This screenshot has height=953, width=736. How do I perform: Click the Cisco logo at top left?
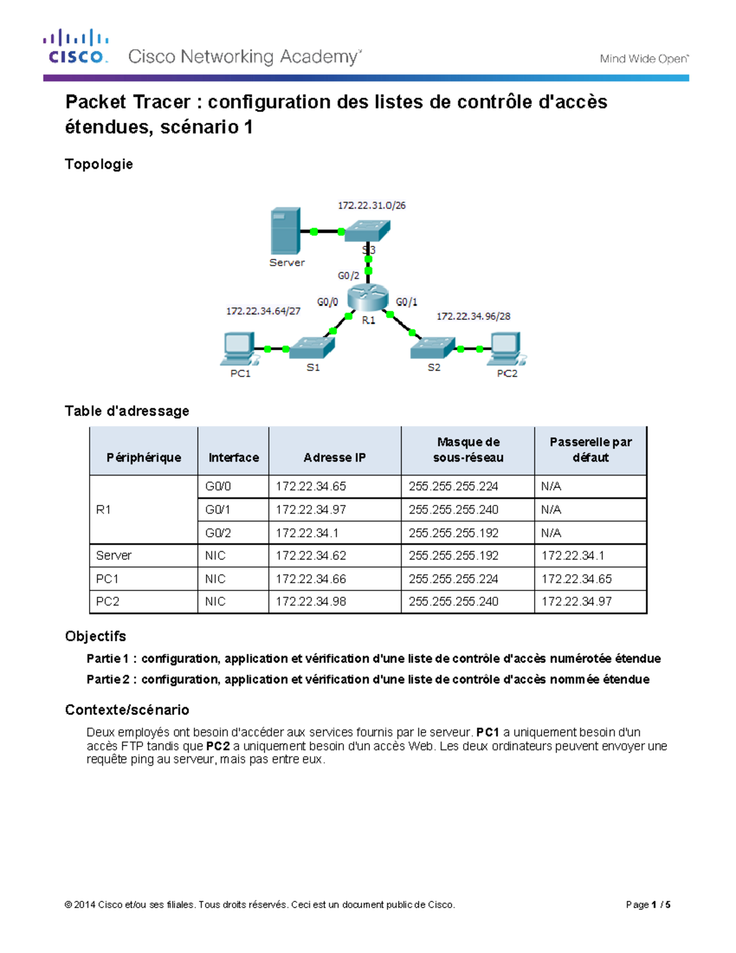point(75,47)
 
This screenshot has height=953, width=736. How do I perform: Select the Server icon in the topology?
point(286,231)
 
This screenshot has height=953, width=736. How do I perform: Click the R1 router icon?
point(367,298)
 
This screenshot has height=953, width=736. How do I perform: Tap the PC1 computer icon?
point(239,349)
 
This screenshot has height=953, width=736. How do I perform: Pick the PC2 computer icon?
point(507,349)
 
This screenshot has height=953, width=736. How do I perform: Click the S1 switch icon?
point(312,348)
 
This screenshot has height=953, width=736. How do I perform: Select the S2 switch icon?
point(433,348)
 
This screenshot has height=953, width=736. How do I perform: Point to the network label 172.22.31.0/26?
point(372,206)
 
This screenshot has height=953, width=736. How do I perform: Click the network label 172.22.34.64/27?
point(263,311)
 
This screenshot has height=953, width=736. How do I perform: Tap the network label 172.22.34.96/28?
point(473,316)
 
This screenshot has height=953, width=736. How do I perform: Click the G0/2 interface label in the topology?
point(348,276)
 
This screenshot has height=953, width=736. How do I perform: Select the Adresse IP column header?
point(334,457)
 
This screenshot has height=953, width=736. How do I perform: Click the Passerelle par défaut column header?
point(590,450)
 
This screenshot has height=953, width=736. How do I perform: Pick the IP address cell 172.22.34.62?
point(311,555)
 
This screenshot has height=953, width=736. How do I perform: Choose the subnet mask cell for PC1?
point(453,579)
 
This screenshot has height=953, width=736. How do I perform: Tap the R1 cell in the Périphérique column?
point(104,509)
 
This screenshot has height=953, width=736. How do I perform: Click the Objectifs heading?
point(96,636)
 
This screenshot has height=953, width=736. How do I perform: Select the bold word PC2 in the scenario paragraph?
point(218,746)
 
